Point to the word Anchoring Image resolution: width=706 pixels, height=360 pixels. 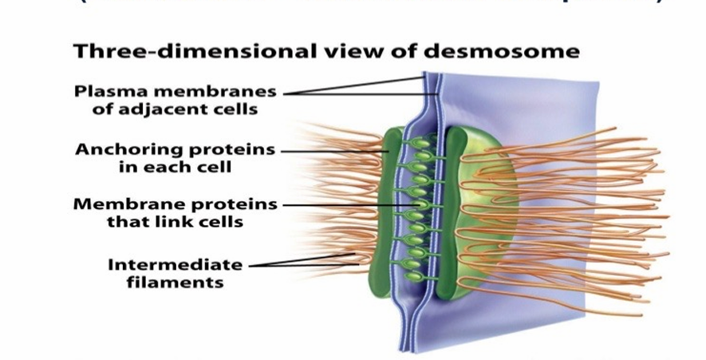click(128, 149)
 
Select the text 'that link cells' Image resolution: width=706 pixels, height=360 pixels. click(175, 222)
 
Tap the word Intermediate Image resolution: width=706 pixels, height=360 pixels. click(175, 264)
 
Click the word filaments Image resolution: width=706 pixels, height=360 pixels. click(175, 282)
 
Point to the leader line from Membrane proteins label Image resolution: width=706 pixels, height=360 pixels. click(351, 204)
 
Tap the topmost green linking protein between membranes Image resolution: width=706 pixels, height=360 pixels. click(422, 144)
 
